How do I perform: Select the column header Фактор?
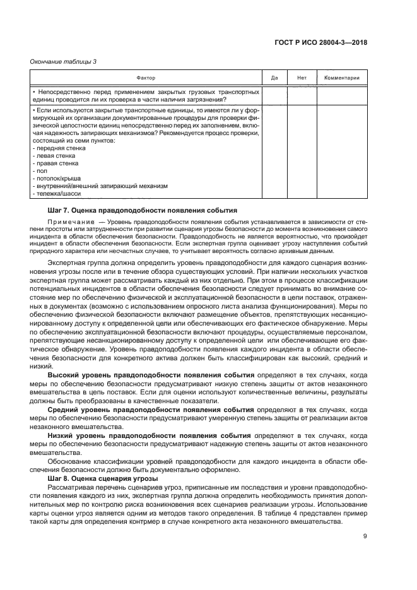pos(146,78)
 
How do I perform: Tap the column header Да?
pos(274,78)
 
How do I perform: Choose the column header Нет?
pos(301,78)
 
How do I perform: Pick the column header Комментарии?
pos(341,78)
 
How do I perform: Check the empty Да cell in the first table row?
pos(274,95)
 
